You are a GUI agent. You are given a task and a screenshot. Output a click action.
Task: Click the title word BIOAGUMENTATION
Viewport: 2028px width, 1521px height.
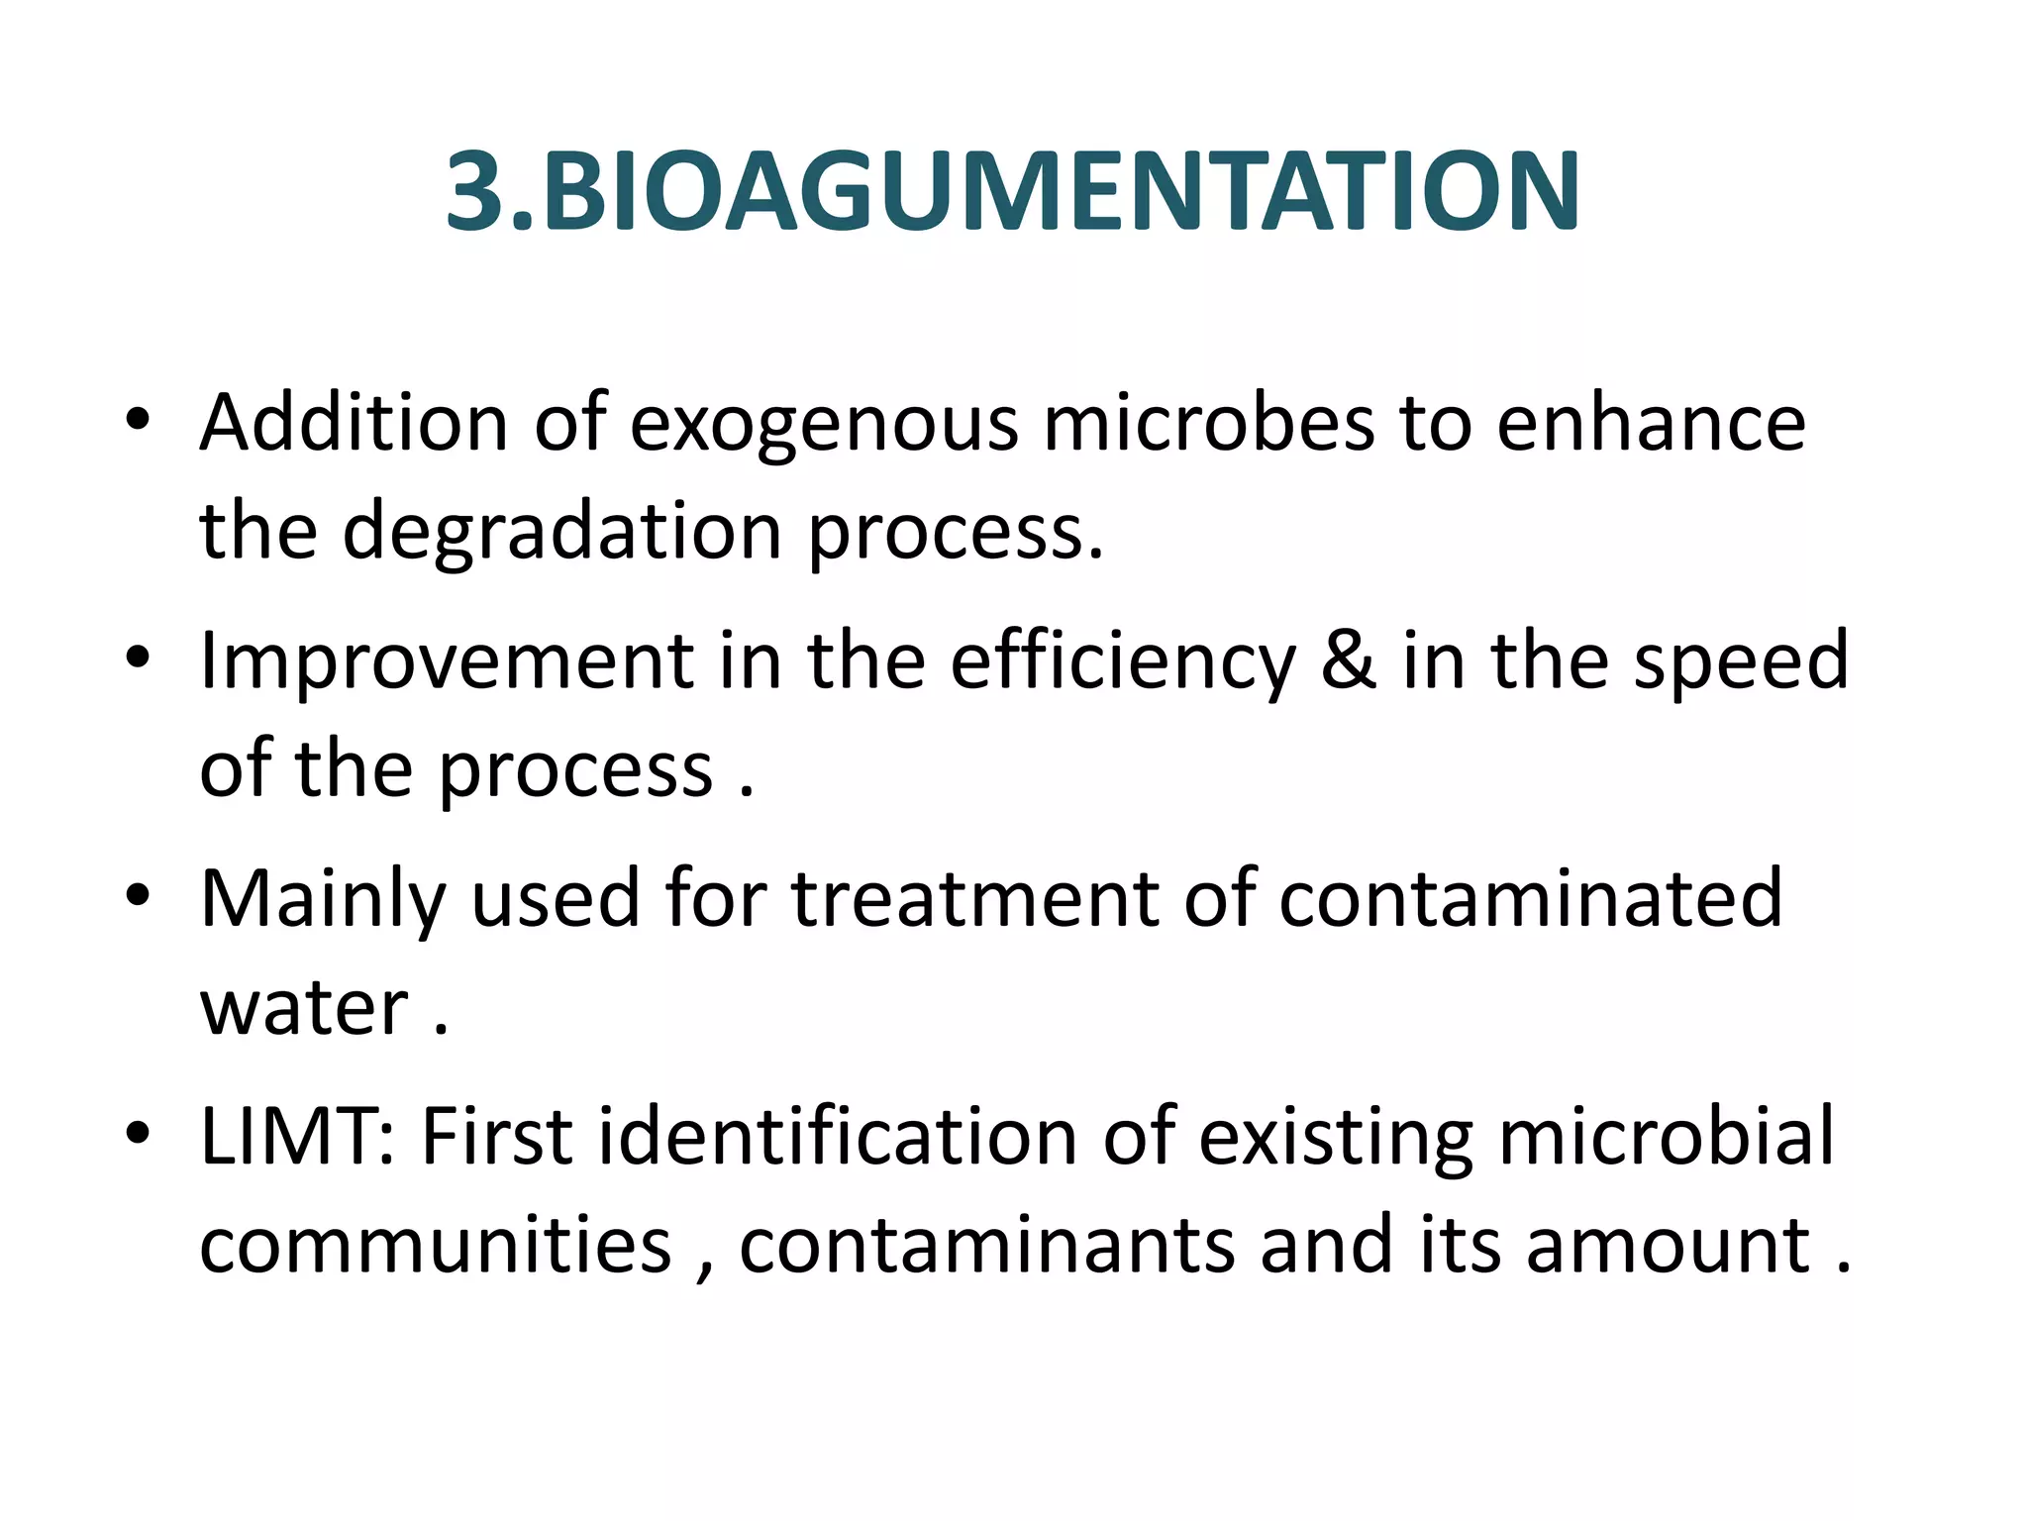[1060, 193]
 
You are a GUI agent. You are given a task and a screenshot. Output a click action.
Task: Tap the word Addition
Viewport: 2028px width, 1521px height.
[354, 423]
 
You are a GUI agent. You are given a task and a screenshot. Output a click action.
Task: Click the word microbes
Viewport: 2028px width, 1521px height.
[1208, 423]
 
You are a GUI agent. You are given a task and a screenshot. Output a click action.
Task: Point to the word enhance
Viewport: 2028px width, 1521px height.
[1651, 423]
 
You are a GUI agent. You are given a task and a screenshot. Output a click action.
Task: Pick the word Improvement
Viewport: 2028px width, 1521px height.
[445, 662]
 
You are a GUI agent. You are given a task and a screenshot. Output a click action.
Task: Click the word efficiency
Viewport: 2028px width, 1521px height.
[1122, 662]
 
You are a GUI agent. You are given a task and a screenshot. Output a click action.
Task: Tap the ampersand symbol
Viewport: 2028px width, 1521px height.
[1349, 660]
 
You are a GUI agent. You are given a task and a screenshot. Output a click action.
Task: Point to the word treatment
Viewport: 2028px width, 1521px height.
[974, 899]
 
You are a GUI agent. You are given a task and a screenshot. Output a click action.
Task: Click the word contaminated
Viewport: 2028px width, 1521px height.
[1531, 899]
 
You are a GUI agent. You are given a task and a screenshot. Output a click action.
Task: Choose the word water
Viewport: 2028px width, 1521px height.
[304, 1009]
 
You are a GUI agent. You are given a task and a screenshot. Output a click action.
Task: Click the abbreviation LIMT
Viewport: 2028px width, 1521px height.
[297, 1137]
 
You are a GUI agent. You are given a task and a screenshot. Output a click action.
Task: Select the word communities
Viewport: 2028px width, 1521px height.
[436, 1245]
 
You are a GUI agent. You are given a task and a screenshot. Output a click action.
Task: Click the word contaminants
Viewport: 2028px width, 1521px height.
[986, 1245]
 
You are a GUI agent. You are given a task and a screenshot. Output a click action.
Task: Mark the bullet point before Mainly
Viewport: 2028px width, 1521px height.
[138, 895]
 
